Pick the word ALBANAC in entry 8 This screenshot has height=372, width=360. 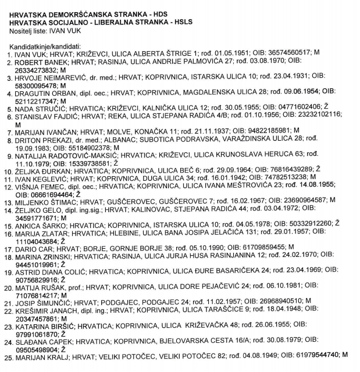pyautogui.click(x=135, y=138)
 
